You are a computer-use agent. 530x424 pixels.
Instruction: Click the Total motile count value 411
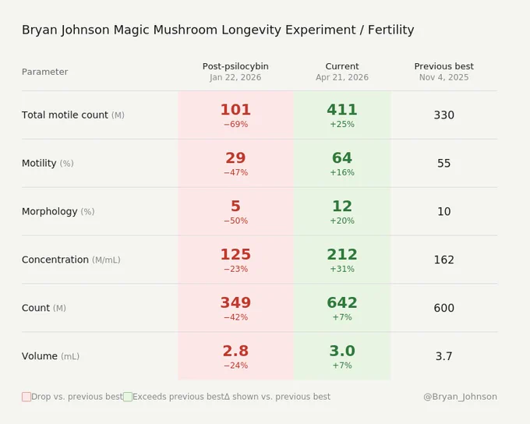[342, 110]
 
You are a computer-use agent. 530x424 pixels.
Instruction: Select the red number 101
[235, 110]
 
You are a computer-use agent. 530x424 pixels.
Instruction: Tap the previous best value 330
[443, 115]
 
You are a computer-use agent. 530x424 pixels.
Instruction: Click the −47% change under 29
[235, 172]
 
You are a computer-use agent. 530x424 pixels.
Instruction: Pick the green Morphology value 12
[342, 207]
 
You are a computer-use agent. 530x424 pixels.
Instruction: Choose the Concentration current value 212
[342, 255]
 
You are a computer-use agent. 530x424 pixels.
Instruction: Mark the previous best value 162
[443, 260]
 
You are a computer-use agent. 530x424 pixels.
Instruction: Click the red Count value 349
[235, 302]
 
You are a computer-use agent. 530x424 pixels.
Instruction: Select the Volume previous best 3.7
[443, 356]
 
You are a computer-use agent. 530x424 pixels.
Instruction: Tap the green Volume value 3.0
[342, 351]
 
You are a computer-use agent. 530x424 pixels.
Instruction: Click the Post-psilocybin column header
[235, 66]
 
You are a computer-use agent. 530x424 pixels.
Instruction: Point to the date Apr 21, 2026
[342, 77]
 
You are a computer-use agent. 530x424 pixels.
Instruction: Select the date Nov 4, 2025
[443, 77]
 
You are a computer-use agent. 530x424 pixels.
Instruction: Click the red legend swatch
[26, 397]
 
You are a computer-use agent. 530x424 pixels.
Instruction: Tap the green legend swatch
[128, 397]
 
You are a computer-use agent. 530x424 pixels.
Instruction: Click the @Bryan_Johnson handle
[460, 397]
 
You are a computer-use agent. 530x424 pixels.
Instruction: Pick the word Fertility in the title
[390, 30]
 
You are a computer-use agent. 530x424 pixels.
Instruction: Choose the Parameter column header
[45, 72]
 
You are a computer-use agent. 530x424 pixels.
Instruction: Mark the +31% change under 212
[342, 269]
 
